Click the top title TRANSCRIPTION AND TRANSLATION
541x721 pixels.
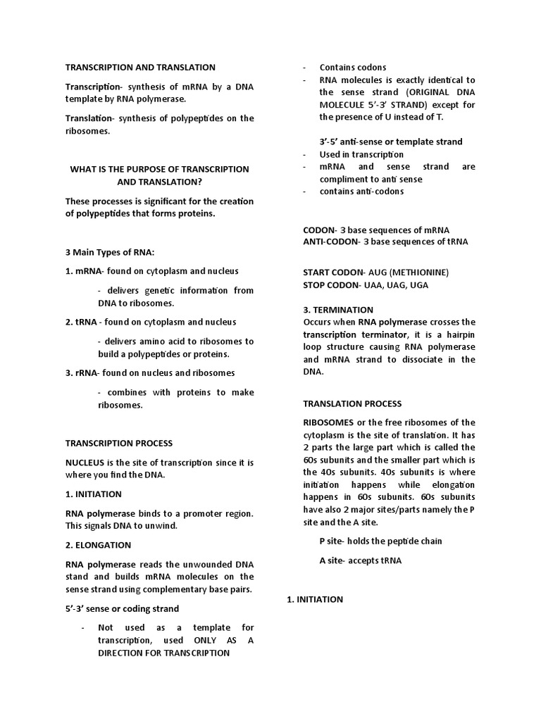point(140,68)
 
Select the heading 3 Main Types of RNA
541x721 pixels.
point(110,252)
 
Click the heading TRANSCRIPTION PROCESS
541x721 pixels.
point(118,444)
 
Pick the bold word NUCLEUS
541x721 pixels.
point(87,463)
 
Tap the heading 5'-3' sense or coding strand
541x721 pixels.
point(122,608)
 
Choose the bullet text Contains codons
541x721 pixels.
point(353,68)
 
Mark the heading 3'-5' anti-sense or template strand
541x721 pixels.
point(391,142)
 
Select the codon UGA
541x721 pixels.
point(418,285)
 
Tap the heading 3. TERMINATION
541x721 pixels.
point(338,310)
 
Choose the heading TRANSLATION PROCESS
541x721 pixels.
point(352,404)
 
